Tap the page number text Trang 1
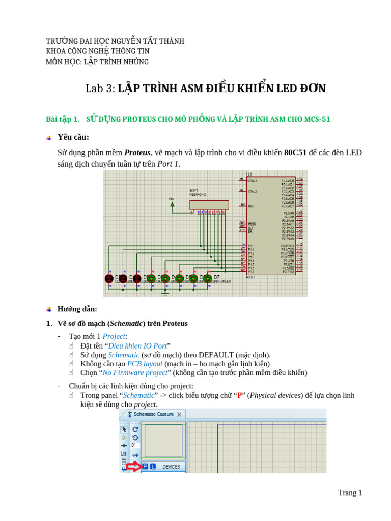pyautogui.click(x=350, y=493)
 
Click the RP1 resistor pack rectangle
pyautogui.click(x=209, y=205)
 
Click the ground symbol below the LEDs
pyautogui.click(x=165, y=293)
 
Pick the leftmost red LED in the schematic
pyautogui.click(x=109, y=279)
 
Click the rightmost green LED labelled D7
pyautogui.click(x=207, y=279)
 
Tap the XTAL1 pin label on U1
pyautogui.click(x=253, y=181)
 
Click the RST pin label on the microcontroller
pyautogui.click(x=251, y=206)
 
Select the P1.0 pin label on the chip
pyautogui.click(x=252, y=246)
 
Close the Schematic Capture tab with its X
pyautogui.click(x=179, y=415)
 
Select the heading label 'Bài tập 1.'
pyautogui.click(x=63, y=119)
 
